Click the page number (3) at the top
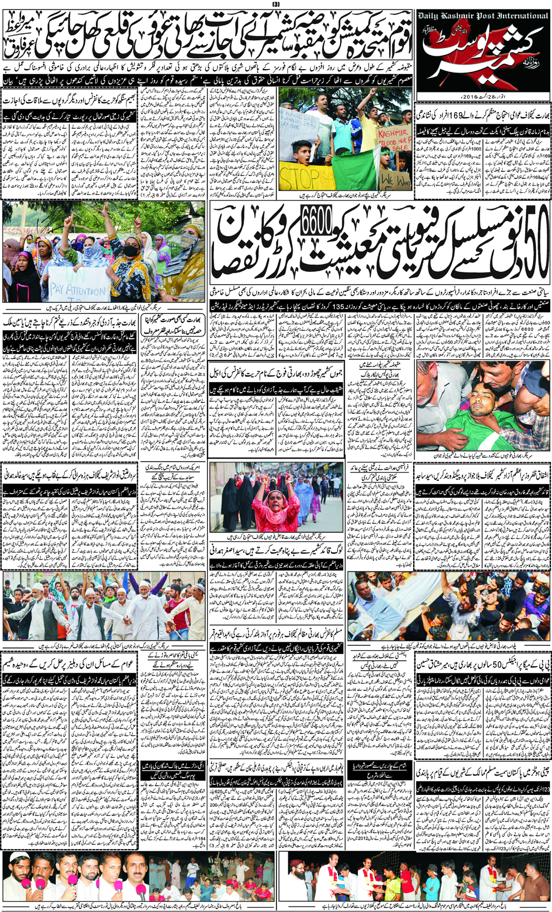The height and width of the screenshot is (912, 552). point(275,5)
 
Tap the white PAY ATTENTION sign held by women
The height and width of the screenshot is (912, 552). point(79,289)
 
